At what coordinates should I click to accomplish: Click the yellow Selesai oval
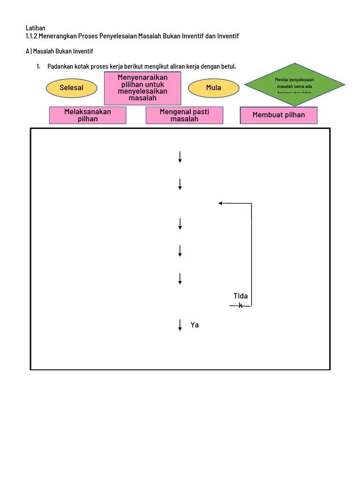pos(72,88)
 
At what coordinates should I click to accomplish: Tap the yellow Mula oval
pos(214,88)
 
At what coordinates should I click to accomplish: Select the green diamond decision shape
pos(295,84)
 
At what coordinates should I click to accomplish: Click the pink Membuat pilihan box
pos(278,115)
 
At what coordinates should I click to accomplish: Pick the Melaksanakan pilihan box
pos(88,115)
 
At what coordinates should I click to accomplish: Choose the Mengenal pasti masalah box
pos(184,115)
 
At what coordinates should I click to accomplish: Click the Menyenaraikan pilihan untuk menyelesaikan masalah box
pos(142,88)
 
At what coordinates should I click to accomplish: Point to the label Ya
pos(195,325)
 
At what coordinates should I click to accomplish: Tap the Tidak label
pos(240,300)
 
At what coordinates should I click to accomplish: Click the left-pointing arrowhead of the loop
pos(220,203)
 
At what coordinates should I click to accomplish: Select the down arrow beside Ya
pos(180,325)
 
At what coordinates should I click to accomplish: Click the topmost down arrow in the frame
pos(180,157)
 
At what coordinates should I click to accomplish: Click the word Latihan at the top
pos(36,28)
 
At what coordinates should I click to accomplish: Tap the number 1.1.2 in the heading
pos(32,36)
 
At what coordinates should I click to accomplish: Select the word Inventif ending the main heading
pos(228,36)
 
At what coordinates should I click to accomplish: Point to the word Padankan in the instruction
pos(60,66)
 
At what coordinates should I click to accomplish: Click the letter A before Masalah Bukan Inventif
pos(27,51)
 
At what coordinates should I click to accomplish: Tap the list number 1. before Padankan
pos(38,66)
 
